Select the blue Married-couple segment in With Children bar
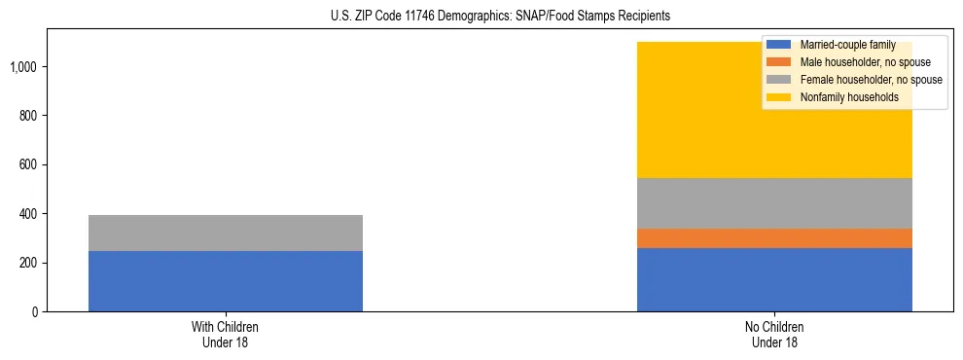coord(226,281)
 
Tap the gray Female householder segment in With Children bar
coord(226,233)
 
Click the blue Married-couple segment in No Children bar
coord(774,279)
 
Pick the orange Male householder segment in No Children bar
coord(774,238)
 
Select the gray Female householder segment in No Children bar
coord(774,203)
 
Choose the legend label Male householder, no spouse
coord(865,62)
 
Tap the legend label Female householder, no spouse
coord(871,80)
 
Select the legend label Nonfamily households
coord(848,97)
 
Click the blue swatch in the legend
coord(779,45)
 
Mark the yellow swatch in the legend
coord(779,97)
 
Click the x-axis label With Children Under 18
coord(226,335)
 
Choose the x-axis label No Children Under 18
coord(774,335)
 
